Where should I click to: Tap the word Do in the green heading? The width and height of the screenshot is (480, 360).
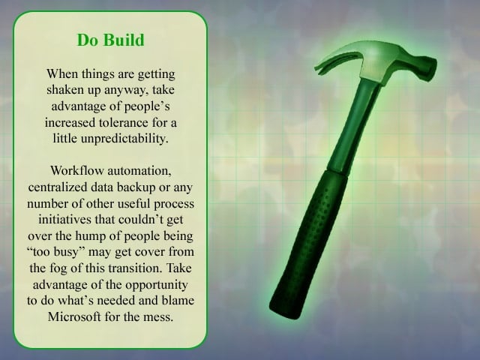click(x=87, y=40)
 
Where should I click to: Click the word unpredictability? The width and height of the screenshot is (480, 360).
click(x=124, y=139)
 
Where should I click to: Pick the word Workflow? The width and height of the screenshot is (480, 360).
click(x=77, y=170)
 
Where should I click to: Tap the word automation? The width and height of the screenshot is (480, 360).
click(x=139, y=171)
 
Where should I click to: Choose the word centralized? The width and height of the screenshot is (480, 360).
click(x=58, y=187)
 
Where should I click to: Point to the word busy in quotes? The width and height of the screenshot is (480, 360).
click(x=72, y=252)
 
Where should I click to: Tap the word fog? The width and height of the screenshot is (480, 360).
click(x=58, y=268)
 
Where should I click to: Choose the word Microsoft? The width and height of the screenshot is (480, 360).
click(x=74, y=316)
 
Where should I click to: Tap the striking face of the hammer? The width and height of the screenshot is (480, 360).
click(x=429, y=69)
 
